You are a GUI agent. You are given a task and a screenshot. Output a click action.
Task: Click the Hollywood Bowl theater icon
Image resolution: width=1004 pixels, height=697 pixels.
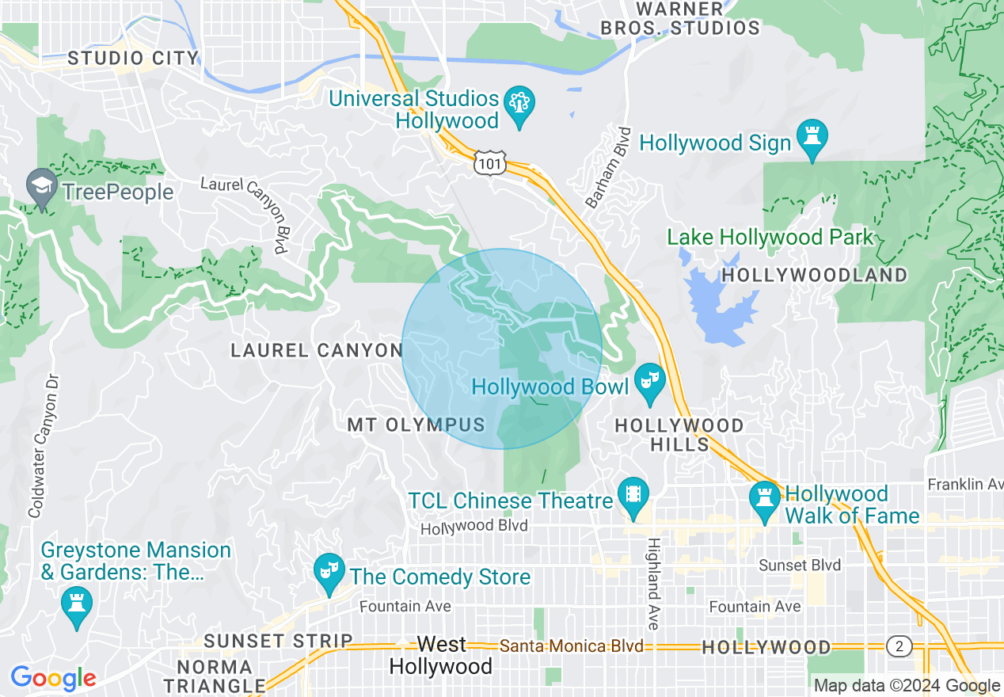(x=649, y=383)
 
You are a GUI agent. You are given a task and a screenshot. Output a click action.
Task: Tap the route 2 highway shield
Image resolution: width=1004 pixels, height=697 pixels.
(x=899, y=646)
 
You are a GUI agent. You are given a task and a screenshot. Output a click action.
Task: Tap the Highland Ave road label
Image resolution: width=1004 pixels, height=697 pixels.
(x=653, y=584)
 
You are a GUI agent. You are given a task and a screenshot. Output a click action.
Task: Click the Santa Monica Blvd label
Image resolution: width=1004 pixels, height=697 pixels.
(x=571, y=646)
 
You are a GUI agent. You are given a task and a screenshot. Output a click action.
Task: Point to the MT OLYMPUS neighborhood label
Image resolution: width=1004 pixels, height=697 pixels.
(x=416, y=425)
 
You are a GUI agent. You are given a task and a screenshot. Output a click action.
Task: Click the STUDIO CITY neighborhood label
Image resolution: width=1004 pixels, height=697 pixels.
(x=132, y=58)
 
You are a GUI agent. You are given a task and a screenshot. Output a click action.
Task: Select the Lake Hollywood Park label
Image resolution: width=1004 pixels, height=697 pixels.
(x=770, y=237)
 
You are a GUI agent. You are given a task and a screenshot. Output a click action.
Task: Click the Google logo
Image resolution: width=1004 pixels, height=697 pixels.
(x=53, y=678)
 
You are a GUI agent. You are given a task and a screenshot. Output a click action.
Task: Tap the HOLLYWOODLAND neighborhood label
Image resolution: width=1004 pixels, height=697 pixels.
(x=815, y=276)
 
